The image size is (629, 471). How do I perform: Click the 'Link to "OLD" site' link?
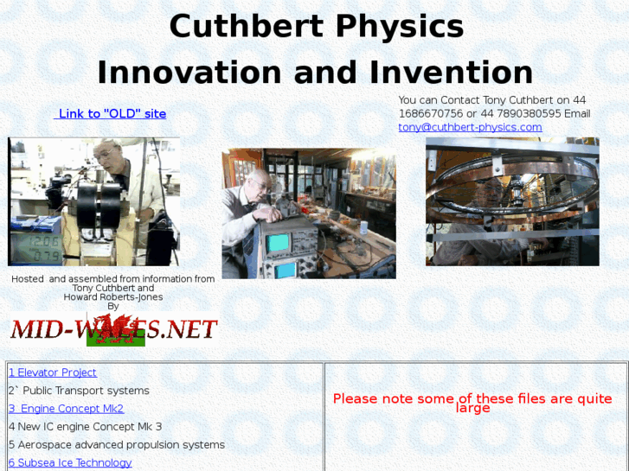click(x=112, y=114)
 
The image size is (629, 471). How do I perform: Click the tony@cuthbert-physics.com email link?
click(x=470, y=127)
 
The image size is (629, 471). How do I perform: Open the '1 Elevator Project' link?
click(x=53, y=372)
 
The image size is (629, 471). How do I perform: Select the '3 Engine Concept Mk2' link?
click(x=67, y=409)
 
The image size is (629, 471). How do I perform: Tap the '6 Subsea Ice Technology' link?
click(x=70, y=462)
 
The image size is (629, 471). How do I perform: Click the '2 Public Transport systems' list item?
click(x=79, y=391)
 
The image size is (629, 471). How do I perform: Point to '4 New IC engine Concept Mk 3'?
click(x=85, y=427)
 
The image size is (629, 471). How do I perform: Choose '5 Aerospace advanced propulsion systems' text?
click(x=117, y=445)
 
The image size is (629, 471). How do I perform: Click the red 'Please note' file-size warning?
click(x=472, y=403)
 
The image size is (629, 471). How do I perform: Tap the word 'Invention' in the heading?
click(x=457, y=73)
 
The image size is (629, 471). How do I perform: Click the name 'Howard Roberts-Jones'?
click(x=113, y=297)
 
